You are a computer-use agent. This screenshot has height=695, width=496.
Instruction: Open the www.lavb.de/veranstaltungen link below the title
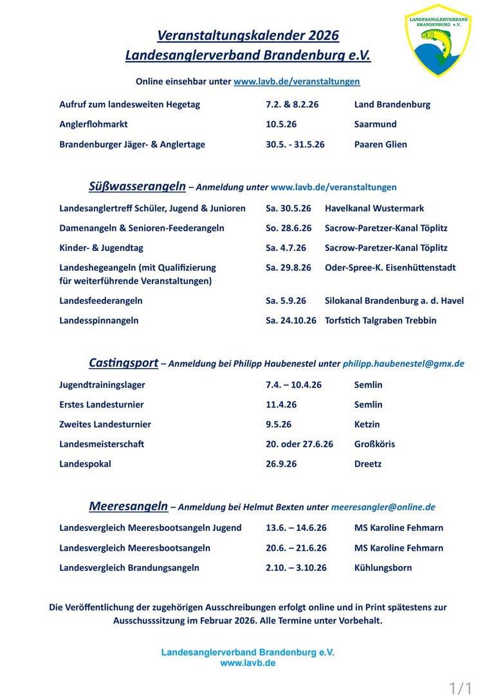click(x=297, y=82)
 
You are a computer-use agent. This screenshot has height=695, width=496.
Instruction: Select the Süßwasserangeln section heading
click(x=137, y=187)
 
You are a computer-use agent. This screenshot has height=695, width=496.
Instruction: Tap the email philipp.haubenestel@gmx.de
click(x=403, y=364)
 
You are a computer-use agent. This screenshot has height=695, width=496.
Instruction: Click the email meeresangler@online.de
click(x=383, y=507)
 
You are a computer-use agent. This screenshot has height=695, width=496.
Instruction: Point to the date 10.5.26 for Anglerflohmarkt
click(x=281, y=124)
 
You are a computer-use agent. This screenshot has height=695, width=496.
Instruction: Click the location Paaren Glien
click(x=380, y=144)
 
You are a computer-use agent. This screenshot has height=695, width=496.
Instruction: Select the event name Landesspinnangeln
click(x=99, y=320)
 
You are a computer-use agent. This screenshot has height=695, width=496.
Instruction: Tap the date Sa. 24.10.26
click(x=291, y=320)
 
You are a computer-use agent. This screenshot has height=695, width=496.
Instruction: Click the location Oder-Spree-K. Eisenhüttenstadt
click(x=390, y=268)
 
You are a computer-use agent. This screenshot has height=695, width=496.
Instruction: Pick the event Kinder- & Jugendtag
click(x=101, y=248)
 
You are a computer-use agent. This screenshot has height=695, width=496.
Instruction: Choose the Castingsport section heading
click(x=124, y=363)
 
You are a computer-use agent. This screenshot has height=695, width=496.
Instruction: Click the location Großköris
click(x=374, y=444)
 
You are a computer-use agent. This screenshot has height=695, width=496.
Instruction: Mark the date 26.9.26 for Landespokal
click(x=281, y=464)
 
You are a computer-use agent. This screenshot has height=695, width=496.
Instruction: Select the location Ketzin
click(x=367, y=424)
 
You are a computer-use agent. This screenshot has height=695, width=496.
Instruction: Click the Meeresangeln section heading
click(x=129, y=506)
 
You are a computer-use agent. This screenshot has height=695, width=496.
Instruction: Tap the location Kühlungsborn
click(x=383, y=568)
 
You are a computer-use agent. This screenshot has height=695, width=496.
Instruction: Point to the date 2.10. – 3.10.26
click(x=296, y=568)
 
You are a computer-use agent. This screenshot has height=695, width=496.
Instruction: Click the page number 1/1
click(x=461, y=688)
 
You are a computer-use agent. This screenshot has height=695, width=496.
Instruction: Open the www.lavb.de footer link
click(x=248, y=663)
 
